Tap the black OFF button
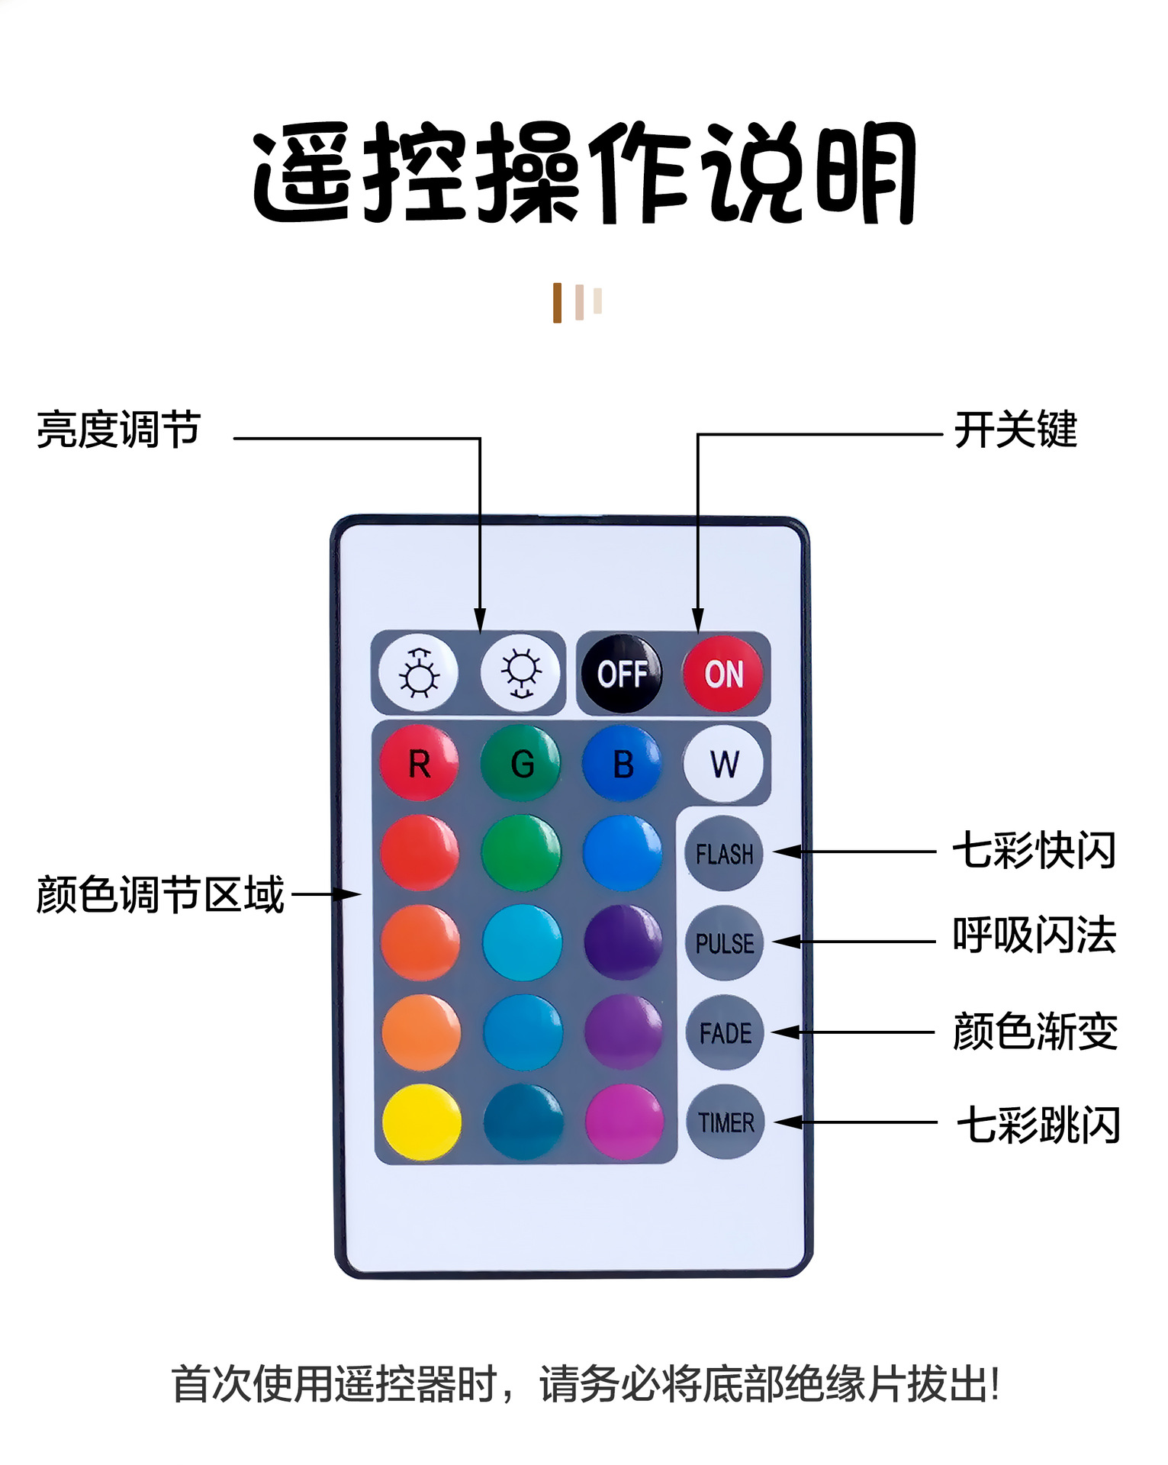(622, 674)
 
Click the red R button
(419, 763)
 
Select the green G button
(521, 763)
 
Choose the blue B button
(623, 763)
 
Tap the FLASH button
(724, 853)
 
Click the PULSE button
(724, 943)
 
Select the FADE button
(725, 1032)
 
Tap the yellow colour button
(421, 1122)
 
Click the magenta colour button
(624, 1122)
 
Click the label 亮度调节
(119, 430)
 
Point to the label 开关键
(1015, 430)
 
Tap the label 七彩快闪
(1034, 851)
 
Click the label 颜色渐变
(1035, 1032)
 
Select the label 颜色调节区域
(160, 894)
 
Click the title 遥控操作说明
(584, 173)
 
